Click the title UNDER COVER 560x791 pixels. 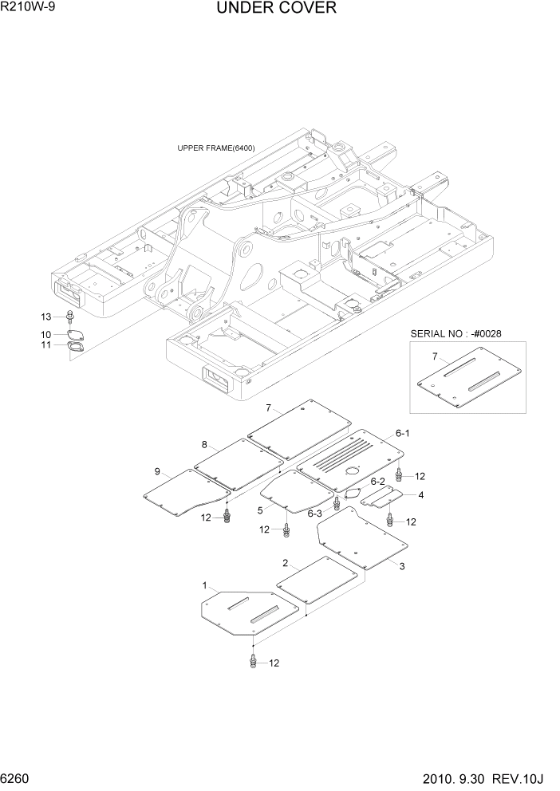pyautogui.click(x=276, y=9)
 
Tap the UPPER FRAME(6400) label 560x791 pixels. pyautogui.click(x=215, y=148)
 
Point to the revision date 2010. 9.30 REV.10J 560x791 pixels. pyautogui.click(x=487, y=777)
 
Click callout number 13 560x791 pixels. pyautogui.click(x=45, y=317)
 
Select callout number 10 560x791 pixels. pyautogui.click(x=45, y=334)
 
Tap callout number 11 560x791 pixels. pyautogui.click(x=45, y=345)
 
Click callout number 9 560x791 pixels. pyautogui.click(x=157, y=471)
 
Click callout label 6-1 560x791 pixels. pyautogui.click(x=402, y=433)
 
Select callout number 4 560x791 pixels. pyautogui.click(x=420, y=495)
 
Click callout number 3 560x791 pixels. pyautogui.click(x=402, y=566)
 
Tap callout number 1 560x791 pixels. pyautogui.click(x=205, y=585)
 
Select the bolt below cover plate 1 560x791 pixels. pyautogui.click(x=254, y=660)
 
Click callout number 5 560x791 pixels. pyautogui.click(x=260, y=510)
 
